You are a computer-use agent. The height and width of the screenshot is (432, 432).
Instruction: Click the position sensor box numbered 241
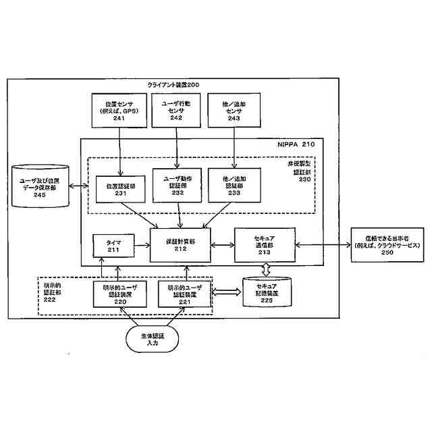[119, 110]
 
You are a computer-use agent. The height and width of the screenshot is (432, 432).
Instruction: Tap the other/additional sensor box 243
[234, 110]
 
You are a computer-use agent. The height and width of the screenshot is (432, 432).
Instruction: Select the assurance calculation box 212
[180, 244]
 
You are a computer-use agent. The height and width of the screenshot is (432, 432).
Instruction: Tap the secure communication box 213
[263, 244]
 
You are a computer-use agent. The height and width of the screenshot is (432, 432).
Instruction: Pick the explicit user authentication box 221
[185, 294]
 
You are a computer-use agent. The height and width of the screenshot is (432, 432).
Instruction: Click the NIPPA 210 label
[297, 144]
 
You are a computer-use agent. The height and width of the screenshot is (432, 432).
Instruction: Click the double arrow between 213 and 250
[323, 244]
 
